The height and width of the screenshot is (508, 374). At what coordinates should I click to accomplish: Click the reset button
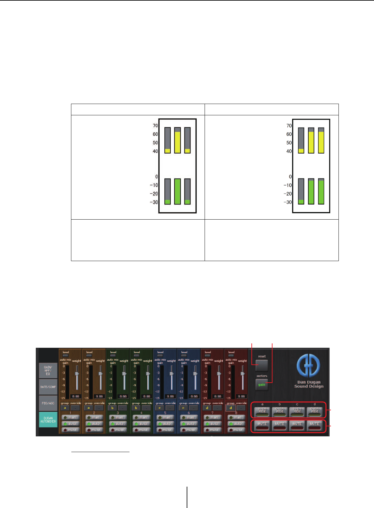262,365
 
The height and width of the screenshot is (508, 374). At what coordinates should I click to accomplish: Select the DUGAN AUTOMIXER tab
48,420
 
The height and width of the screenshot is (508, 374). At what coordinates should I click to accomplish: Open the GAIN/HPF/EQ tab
48,371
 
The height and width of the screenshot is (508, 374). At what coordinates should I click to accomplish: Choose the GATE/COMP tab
48,387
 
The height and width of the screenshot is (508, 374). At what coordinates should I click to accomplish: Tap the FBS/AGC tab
48,403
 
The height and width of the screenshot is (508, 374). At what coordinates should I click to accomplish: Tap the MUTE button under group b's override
279,425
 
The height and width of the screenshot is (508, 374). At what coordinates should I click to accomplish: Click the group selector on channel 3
112,408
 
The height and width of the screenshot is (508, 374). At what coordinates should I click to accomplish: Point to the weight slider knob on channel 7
219,374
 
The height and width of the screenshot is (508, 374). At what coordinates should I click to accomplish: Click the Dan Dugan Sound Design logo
309,371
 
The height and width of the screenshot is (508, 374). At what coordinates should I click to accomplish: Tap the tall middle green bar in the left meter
177,191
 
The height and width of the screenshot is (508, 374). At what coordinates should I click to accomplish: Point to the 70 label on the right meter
289,126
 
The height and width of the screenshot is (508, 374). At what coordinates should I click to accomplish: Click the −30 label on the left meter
154,202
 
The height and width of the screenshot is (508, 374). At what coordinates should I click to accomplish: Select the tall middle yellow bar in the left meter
177,142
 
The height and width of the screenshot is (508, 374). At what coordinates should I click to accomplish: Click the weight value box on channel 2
99,396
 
